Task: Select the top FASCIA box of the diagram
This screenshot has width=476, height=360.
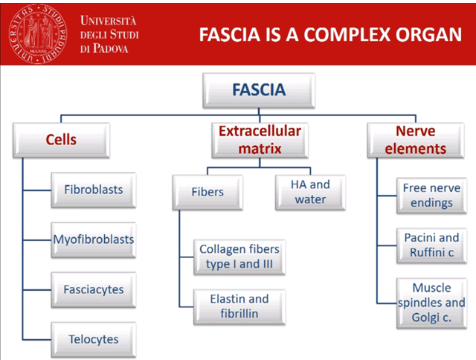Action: click(x=259, y=91)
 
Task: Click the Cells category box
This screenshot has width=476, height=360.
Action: click(x=61, y=140)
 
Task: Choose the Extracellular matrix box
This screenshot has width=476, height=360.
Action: click(x=259, y=140)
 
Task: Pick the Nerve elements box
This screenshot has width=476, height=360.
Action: click(x=410, y=140)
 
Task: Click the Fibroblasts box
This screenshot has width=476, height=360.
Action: click(x=93, y=190)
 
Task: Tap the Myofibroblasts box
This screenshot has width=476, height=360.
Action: click(x=93, y=240)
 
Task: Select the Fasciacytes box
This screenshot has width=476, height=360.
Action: click(x=93, y=289)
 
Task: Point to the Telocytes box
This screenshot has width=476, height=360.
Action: click(x=93, y=339)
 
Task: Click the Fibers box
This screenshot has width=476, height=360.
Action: click(x=208, y=192)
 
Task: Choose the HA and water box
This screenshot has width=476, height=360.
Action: click(x=309, y=192)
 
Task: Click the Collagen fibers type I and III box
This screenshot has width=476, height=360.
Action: click(x=234, y=257)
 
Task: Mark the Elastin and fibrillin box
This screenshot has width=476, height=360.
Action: click(x=234, y=306)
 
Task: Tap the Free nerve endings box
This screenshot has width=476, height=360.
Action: click(x=431, y=196)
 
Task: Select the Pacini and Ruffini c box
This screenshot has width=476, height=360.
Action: click(x=431, y=245)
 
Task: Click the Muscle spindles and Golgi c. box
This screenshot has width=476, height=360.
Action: click(x=431, y=303)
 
